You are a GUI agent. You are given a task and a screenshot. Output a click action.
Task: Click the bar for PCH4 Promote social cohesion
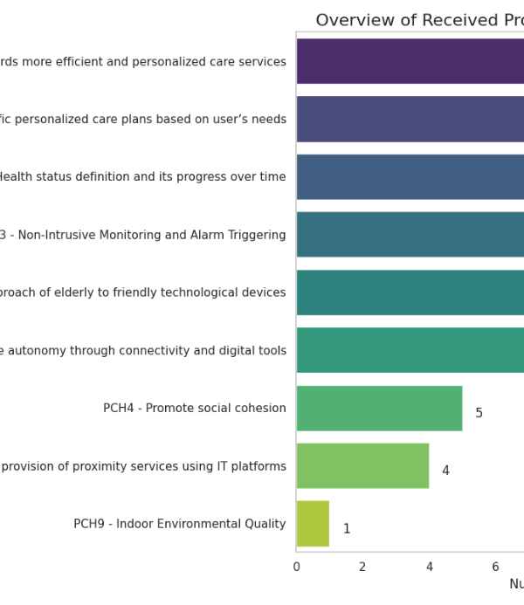(x=379, y=409)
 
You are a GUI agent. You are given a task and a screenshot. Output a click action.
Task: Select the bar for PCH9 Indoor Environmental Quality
(x=313, y=524)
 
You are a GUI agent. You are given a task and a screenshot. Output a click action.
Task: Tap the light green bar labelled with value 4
(x=362, y=465)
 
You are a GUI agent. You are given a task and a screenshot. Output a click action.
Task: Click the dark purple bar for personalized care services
(x=410, y=61)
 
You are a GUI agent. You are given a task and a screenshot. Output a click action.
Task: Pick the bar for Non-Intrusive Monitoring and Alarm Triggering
(x=410, y=234)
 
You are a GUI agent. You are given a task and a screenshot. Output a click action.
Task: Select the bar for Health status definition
(x=410, y=176)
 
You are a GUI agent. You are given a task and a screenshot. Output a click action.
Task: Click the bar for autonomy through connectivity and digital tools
(x=410, y=350)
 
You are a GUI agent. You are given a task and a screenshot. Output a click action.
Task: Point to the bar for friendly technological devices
(x=410, y=292)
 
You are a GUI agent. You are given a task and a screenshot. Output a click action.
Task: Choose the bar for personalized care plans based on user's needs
(x=410, y=119)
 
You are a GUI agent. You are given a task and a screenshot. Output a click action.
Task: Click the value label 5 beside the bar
(x=479, y=413)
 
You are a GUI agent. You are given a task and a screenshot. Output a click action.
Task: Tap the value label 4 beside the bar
(x=445, y=471)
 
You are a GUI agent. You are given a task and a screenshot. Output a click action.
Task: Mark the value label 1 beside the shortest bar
(x=347, y=528)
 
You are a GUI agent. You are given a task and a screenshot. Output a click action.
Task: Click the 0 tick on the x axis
(x=296, y=567)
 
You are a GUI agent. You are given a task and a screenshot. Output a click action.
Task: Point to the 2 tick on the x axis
(x=362, y=567)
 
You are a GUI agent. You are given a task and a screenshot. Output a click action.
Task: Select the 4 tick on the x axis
(x=430, y=567)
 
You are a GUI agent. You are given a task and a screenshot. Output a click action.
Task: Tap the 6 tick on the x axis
(x=495, y=567)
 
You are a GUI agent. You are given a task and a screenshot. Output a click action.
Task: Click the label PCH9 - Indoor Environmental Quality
(x=180, y=524)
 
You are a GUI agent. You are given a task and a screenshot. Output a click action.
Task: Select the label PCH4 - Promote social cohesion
(x=195, y=408)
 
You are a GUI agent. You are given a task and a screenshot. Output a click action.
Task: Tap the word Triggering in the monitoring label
(x=257, y=235)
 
